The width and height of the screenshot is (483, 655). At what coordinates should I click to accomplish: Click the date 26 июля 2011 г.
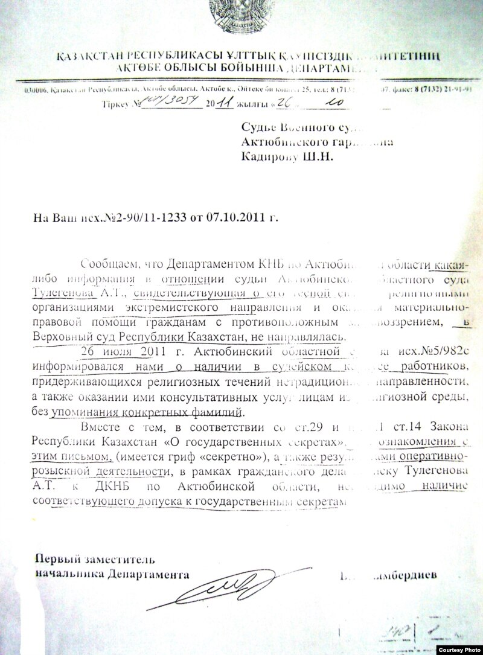point(115,351)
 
